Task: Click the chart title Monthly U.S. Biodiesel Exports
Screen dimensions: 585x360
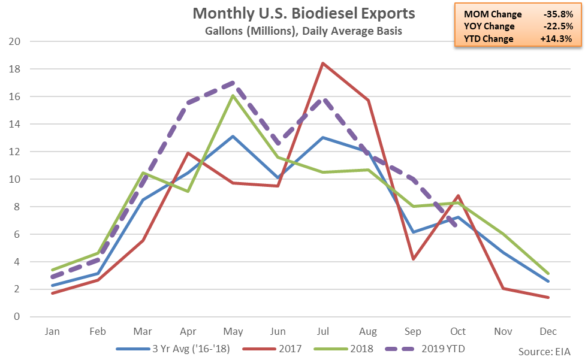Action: pyautogui.click(x=304, y=13)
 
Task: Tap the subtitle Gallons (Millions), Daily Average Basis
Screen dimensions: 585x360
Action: pyautogui.click(x=304, y=31)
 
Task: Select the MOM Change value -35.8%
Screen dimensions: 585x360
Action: pyautogui.click(x=558, y=14)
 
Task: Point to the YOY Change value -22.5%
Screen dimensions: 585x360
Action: pyautogui.click(x=558, y=26)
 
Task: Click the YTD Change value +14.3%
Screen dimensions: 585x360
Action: pyautogui.click(x=556, y=38)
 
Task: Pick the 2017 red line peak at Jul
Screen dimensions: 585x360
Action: pyautogui.click(x=322, y=63)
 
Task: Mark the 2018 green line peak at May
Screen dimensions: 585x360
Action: pyautogui.click(x=233, y=95)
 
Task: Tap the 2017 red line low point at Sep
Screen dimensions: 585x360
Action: pyautogui.click(x=413, y=259)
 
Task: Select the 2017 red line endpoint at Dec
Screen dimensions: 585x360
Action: pyautogui.click(x=548, y=297)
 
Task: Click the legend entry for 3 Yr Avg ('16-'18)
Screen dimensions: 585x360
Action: pyautogui.click(x=173, y=349)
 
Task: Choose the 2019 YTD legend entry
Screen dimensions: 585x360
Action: pyautogui.click(x=426, y=349)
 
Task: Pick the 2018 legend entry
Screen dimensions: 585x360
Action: pyautogui.click(x=343, y=349)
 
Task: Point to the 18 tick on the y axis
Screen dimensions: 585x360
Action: pyautogui.click(x=14, y=69)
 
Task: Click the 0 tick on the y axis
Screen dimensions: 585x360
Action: pyautogui.click(x=17, y=317)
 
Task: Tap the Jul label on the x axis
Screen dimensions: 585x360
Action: pyautogui.click(x=322, y=331)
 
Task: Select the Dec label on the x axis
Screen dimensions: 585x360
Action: pyautogui.click(x=548, y=331)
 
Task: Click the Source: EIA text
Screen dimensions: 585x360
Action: pyautogui.click(x=544, y=352)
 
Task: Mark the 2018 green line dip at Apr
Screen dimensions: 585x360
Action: pyautogui.click(x=188, y=192)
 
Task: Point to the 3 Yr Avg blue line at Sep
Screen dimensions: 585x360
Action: pyautogui.click(x=413, y=232)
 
